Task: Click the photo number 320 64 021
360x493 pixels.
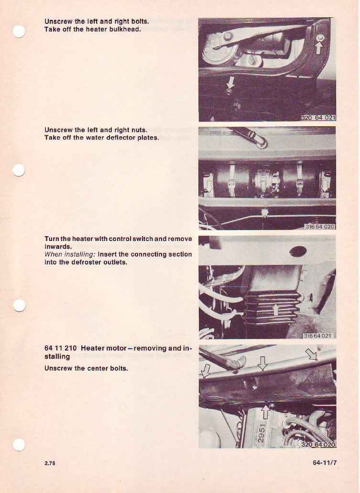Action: [318, 118]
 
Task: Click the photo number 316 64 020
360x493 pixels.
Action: [320, 226]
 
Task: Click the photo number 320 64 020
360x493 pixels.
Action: [318, 444]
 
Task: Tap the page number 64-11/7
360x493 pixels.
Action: [325, 463]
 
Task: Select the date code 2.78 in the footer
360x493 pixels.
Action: [50, 463]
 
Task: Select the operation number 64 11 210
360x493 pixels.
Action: [60, 349]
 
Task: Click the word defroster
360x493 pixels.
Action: [88, 262]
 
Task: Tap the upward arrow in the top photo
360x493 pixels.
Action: [318, 48]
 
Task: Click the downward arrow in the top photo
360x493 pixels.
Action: [230, 82]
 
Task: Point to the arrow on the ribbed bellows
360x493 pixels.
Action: [276, 310]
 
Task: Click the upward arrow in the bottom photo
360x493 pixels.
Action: [266, 412]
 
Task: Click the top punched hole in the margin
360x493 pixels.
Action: [19, 32]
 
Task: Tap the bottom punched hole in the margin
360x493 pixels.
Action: [19, 445]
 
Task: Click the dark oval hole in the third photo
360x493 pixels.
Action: [298, 251]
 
